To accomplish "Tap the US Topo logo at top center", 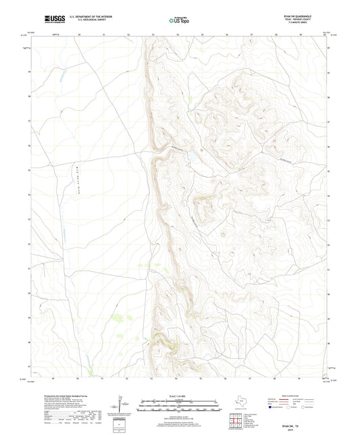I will (178, 21).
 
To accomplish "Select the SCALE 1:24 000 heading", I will (180, 396).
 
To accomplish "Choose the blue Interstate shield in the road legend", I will (272, 408).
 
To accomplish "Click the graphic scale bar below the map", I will (180, 407).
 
